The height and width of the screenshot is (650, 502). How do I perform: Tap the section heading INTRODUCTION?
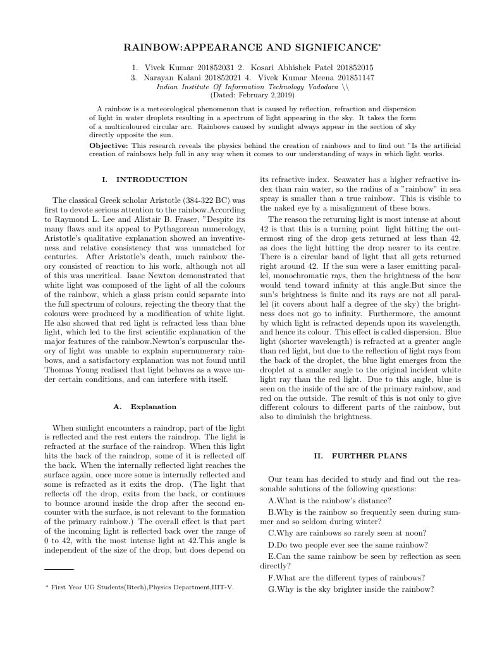tap(152, 180)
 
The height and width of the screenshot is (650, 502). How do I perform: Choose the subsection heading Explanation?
tap(153, 407)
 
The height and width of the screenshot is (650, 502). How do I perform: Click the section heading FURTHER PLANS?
tap(369, 456)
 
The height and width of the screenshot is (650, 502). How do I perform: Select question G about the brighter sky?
tap(351, 589)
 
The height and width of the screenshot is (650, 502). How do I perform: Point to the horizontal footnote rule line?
tap(59, 569)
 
